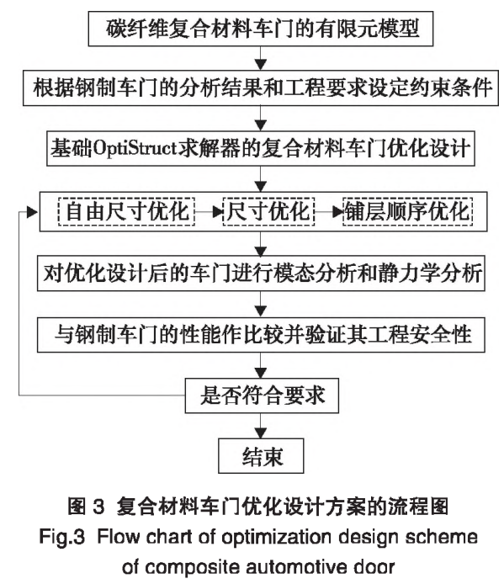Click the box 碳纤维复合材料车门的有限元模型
[260, 29]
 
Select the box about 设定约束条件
[260, 88]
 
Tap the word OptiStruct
[135, 149]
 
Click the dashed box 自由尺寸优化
[126, 211]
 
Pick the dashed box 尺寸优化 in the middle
[268, 211]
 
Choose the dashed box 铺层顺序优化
[407, 211]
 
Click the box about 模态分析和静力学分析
[261, 273]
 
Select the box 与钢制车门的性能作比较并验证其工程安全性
[261, 334]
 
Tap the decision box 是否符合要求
[262, 396]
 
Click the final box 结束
[261, 456]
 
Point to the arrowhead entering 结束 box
[261, 433]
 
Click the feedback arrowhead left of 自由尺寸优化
[33, 212]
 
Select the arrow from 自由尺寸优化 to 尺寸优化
[209, 212]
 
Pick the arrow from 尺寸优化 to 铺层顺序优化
[328, 212]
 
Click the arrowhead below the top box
[261, 65]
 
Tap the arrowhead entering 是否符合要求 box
[261, 373]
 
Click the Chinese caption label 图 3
[86, 507]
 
